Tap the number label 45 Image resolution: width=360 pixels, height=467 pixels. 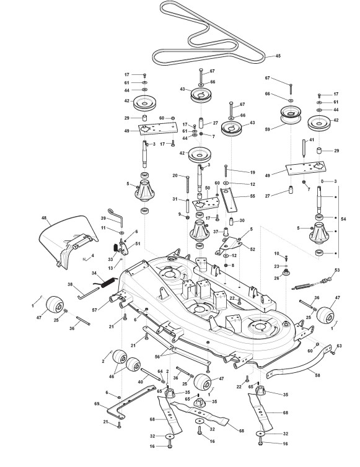pyautogui.click(x=278, y=56)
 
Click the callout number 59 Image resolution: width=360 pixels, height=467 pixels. pyautogui.click(x=267, y=129)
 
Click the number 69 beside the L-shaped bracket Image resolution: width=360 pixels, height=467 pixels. pyautogui.click(x=97, y=404)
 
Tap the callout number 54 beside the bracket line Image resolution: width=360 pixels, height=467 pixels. pyautogui.click(x=343, y=219)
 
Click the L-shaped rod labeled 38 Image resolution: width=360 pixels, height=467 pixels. pyautogui.click(x=89, y=292)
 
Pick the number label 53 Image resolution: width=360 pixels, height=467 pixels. pyautogui.click(x=337, y=270)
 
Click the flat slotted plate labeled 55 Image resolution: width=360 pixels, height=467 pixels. pyautogui.click(x=229, y=199)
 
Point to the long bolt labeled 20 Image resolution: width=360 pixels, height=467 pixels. pyautogui.click(x=188, y=185)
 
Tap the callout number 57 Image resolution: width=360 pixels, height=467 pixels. pyautogui.click(x=95, y=310)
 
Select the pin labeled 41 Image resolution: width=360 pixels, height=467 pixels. pyautogui.click(x=304, y=148)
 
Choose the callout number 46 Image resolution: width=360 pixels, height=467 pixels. pyautogui.click(x=112, y=377)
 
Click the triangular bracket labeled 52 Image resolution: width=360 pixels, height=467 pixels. pyautogui.click(x=229, y=245)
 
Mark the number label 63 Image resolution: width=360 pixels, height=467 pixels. pyautogui.click(x=339, y=346)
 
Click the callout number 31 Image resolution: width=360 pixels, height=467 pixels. pyautogui.click(x=175, y=199)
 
